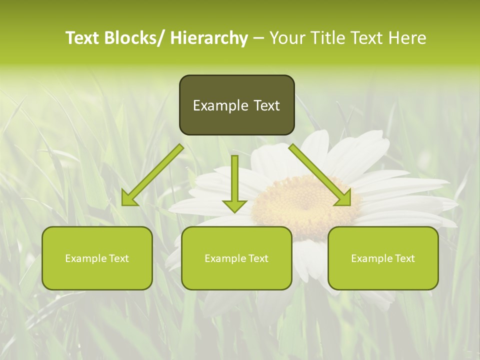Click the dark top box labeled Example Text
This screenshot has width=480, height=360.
(x=236, y=105)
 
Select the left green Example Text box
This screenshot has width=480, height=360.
(x=97, y=258)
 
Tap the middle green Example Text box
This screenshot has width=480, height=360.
(x=236, y=258)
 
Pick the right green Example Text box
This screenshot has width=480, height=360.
(x=383, y=258)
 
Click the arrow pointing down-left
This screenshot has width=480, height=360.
(x=152, y=175)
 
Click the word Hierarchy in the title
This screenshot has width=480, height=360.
(x=209, y=38)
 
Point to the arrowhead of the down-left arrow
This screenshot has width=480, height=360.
(x=129, y=199)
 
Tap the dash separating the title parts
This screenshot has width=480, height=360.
(x=258, y=38)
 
